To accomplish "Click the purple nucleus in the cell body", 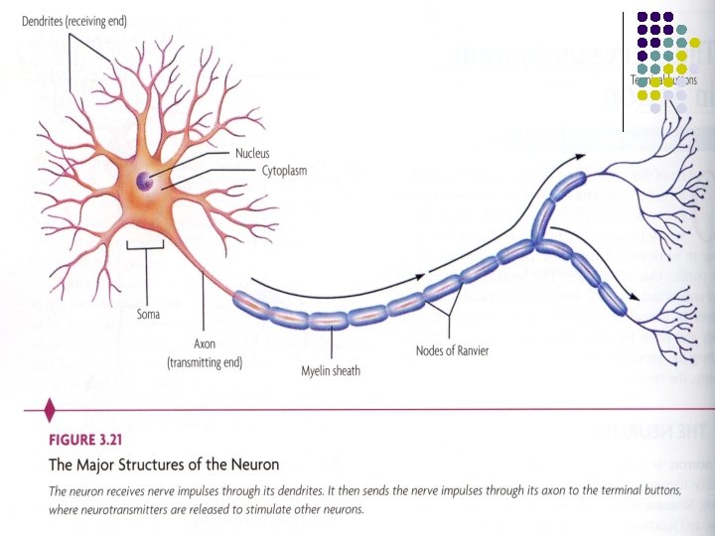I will [x=145, y=181].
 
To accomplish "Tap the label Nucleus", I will [x=252, y=153].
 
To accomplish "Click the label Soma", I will [x=148, y=315].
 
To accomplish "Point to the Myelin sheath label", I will [x=330, y=371].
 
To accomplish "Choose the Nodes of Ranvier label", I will [x=451, y=349].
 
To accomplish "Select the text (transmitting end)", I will [x=205, y=362].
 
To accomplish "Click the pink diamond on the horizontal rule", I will [x=50, y=407].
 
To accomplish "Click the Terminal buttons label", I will [x=663, y=79].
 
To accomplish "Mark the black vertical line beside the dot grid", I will [x=624, y=69].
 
